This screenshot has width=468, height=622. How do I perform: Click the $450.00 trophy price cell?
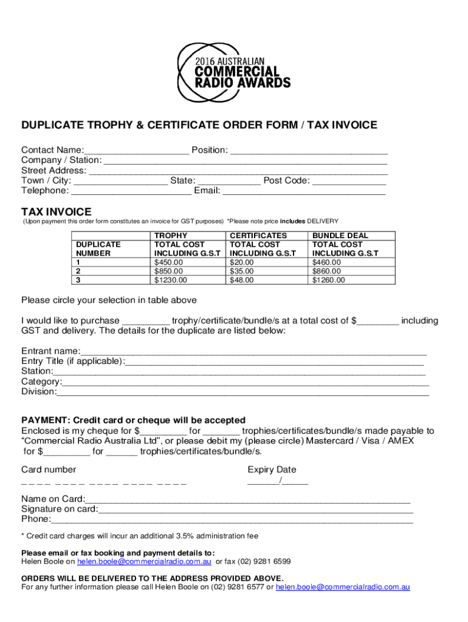[168, 262]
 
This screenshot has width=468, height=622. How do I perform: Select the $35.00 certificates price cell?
[241, 272]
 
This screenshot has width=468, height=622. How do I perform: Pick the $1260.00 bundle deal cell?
[328, 280]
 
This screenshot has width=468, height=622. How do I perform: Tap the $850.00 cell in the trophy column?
[168, 272]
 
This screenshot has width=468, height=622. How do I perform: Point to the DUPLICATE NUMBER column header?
[98, 248]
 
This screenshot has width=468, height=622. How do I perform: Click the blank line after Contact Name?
[137, 151]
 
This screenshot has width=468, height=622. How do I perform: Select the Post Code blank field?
[349, 181]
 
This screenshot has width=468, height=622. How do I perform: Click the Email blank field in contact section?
[304, 191]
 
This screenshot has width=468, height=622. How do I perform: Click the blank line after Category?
[246, 382]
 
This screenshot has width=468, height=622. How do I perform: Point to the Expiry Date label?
[272, 470]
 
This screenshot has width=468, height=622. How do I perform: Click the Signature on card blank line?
[255, 509]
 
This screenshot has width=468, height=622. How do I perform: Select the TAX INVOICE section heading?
[57, 212]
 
